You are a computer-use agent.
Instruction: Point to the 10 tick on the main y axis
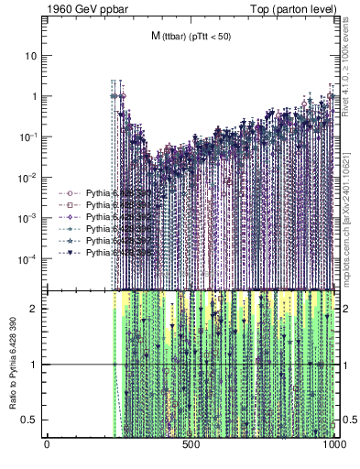31,56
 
